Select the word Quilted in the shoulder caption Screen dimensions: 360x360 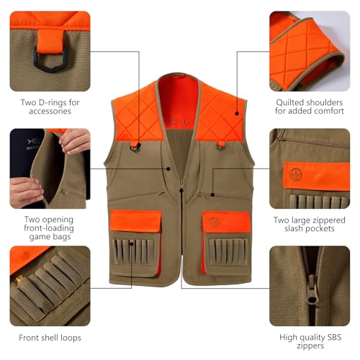tap(294, 102)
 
